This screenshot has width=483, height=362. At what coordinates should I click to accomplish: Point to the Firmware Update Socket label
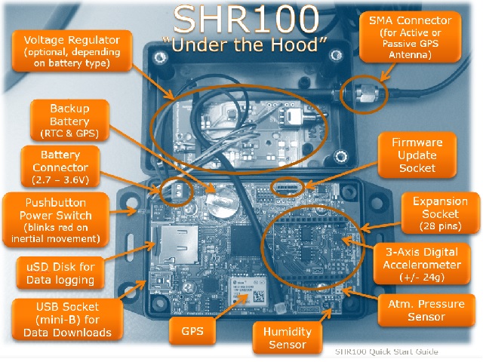point(417,154)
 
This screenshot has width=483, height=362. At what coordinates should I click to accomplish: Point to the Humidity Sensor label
point(285,338)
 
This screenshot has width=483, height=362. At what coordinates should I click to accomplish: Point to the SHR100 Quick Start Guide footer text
point(386,352)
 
